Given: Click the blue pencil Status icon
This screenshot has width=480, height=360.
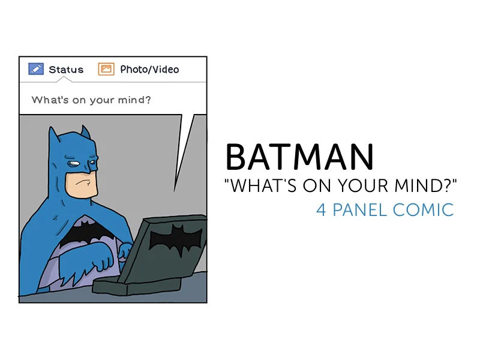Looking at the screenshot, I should click(x=35, y=69).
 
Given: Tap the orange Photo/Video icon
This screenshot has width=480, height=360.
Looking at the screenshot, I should click(x=106, y=69).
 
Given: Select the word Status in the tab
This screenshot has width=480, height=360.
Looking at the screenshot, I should click(x=66, y=70).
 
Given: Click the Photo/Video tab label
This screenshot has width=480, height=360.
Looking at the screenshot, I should click(x=149, y=69).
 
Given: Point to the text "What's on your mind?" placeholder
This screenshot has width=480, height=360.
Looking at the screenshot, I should click(x=91, y=100).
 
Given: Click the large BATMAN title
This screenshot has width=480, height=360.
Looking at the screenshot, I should click(x=299, y=157).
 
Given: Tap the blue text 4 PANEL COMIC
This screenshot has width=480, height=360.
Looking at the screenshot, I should click(x=385, y=210).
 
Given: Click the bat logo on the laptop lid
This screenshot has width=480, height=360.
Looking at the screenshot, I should click(x=174, y=238).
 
